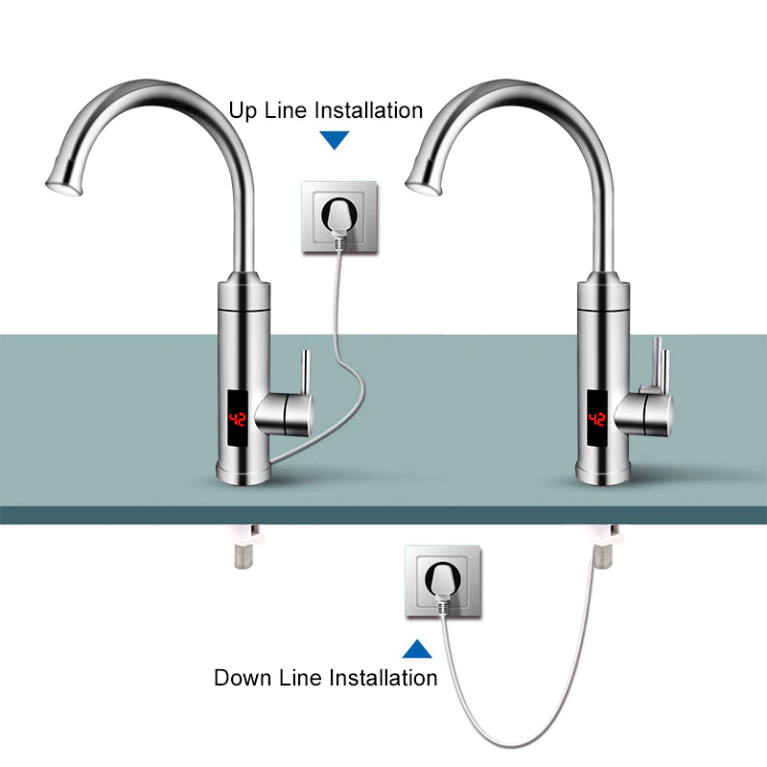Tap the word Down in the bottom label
[x=244, y=679]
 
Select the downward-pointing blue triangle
[x=335, y=140]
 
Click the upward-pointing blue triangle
[x=417, y=649]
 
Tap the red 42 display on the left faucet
[x=239, y=419]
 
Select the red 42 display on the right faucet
[x=596, y=419]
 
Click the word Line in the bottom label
[x=303, y=679]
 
